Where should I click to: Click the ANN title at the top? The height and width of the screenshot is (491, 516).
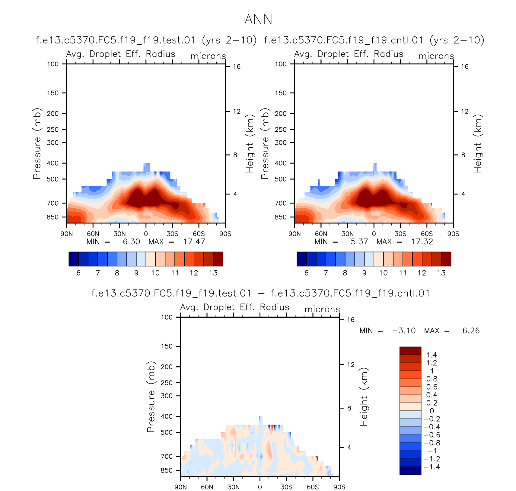point(258,20)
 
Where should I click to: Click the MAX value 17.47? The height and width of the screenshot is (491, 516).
point(194,242)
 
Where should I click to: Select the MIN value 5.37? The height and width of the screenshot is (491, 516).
point(359,242)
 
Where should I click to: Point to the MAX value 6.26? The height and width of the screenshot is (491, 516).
point(471,331)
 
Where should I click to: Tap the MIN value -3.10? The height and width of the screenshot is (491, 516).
point(404,331)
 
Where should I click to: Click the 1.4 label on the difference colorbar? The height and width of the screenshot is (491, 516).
point(432,355)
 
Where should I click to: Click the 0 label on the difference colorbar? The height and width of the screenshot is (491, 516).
point(432,411)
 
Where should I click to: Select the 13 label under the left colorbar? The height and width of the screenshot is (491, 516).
point(213,273)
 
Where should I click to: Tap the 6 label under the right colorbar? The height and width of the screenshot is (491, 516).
point(306,273)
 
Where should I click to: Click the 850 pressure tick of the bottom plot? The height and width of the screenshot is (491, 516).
point(167,470)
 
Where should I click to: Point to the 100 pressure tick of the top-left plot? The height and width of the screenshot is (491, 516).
point(53,64)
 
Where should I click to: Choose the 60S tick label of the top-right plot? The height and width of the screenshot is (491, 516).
point(427,234)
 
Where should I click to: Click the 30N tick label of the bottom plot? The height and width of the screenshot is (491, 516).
point(234,487)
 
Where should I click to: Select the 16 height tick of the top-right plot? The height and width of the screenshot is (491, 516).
point(465,66)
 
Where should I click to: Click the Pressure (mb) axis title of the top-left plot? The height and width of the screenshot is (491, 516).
point(37,143)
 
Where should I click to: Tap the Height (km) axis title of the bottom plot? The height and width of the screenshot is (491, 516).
point(364,397)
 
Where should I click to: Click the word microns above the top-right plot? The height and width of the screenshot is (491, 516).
point(436,56)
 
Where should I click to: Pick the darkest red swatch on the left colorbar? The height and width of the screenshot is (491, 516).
point(218,259)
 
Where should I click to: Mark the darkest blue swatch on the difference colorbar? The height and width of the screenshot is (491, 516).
point(410,470)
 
